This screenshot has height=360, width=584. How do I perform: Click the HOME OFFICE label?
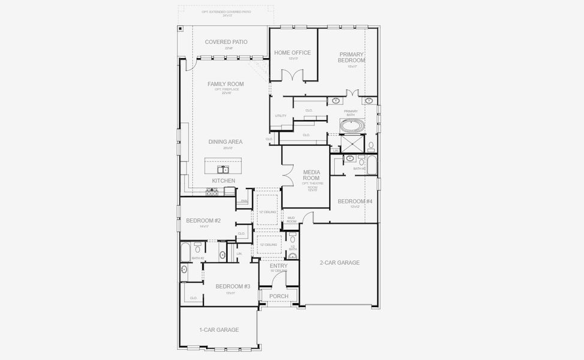point(293,53)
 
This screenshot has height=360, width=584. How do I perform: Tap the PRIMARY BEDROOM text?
point(351,57)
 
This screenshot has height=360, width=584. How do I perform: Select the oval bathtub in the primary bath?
point(351,126)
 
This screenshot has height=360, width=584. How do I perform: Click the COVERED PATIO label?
point(226,42)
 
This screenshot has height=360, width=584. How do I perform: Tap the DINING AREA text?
point(225,142)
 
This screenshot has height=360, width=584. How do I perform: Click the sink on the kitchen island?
point(222,170)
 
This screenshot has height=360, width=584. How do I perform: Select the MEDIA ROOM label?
point(311,175)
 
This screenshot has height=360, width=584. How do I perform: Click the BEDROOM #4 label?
point(355,201)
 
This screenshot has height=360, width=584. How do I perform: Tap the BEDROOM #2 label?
point(203,221)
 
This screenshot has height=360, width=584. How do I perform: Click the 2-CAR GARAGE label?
point(339,262)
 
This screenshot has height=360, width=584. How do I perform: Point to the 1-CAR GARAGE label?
point(219,330)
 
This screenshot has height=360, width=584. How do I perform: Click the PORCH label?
point(279,296)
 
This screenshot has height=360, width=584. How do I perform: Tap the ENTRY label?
point(279,266)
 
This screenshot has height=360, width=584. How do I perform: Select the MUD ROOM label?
point(291,220)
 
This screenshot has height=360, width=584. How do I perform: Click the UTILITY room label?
point(281,116)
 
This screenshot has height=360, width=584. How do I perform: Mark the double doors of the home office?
point(293,76)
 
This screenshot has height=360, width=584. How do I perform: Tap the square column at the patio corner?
point(180,28)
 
